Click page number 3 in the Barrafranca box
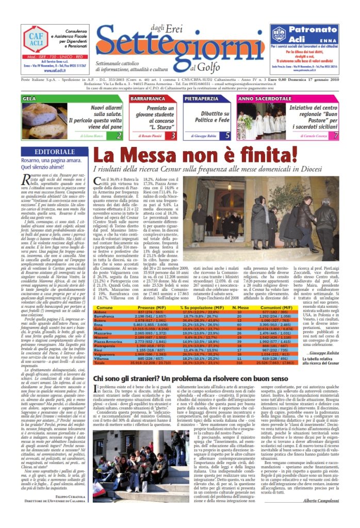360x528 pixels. [x=173, y=136]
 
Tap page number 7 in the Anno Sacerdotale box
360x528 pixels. [x=336, y=136]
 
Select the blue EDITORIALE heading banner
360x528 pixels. [x=54, y=152]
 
